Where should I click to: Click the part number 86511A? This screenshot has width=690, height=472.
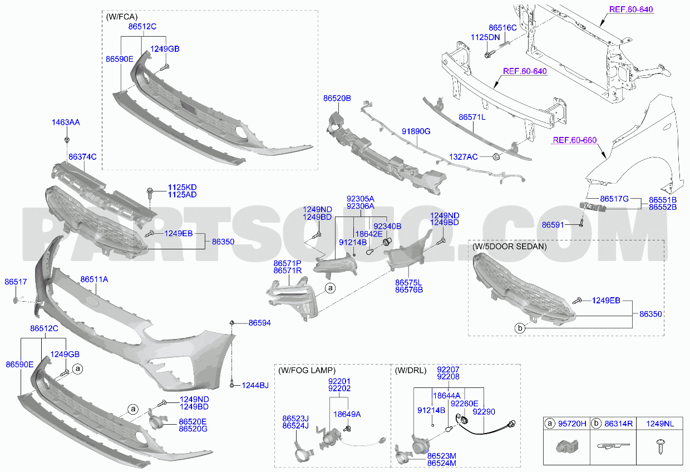point(94,279)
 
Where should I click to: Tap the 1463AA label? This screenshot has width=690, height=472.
point(66,122)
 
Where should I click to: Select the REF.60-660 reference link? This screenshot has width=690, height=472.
point(575,140)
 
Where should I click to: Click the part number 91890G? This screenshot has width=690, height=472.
point(416,131)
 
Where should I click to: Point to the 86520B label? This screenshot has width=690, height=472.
point(337,99)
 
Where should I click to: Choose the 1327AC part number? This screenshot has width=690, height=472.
point(464,157)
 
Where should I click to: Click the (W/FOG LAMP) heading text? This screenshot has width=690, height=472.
point(307,370)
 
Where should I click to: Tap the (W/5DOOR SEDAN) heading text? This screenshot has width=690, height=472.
point(510,247)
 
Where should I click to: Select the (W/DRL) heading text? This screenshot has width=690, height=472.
point(411,370)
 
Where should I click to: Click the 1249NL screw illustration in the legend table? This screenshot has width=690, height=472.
point(661,446)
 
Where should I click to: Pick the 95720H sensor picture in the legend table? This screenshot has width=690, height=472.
point(567,446)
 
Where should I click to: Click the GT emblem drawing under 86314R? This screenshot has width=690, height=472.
point(613,446)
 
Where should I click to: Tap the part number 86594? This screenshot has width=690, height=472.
point(260,323)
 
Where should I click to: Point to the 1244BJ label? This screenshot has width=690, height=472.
point(255,385)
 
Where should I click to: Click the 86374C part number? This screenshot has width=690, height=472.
point(82,157)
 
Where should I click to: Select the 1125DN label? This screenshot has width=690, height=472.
point(485,37)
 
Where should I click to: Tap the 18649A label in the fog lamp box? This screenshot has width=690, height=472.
point(347,414)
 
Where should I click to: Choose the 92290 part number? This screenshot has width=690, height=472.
point(484,412)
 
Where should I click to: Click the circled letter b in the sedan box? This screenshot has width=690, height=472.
point(520,328)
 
